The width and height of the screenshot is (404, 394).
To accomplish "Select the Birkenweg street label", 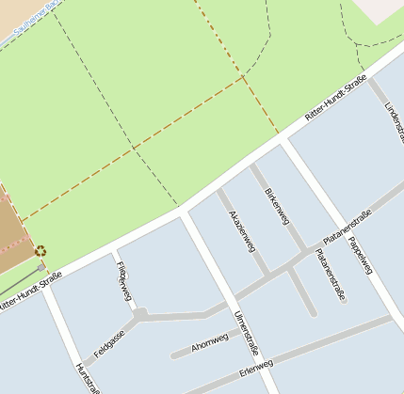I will pos(276,205).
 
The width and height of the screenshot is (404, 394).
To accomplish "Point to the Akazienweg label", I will pos(241,230).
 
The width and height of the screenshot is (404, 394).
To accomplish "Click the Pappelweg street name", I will pos(359,253).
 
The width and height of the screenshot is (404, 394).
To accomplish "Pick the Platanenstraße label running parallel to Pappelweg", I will pos(330,274).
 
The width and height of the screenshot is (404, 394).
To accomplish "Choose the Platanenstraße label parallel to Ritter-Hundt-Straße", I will pos(347,227).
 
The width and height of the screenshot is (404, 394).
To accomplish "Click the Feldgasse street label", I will pos(109,345).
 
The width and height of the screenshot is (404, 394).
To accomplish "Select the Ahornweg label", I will pos(210,343).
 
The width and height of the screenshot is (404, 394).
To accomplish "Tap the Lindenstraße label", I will pos(394,122).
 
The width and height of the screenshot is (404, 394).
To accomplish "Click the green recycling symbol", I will pos(40,251).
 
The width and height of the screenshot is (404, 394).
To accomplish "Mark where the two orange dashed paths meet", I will pos(245,78).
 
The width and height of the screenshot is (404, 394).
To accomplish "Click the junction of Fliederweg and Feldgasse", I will pos(139,313).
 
